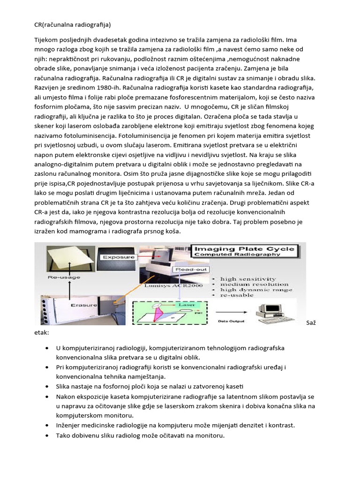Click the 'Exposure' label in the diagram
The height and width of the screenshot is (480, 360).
point(118,257)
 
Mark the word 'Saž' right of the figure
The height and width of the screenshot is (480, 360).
point(311,322)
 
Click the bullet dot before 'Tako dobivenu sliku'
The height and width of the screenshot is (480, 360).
point(48,435)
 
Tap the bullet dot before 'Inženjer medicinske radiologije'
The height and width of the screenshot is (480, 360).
point(48,425)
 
